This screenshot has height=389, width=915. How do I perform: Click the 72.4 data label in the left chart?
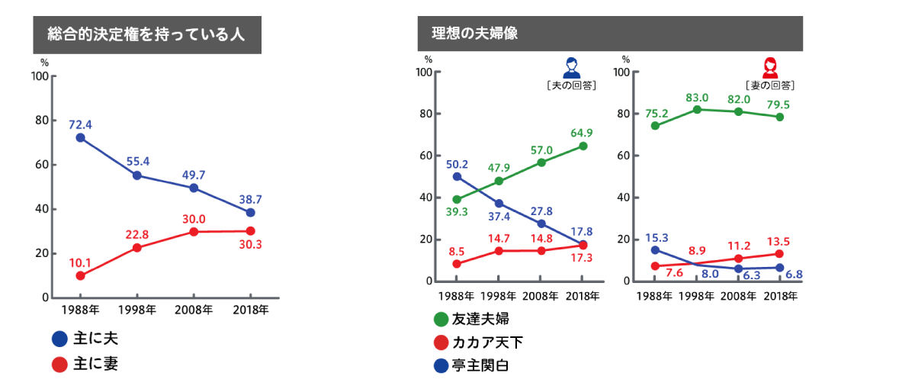[80, 124]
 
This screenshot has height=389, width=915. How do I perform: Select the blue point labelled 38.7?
[250, 212]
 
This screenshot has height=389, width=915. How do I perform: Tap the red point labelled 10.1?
[80, 275]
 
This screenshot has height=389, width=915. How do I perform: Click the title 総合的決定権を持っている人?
[146, 35]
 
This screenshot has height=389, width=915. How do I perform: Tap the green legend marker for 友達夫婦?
[441, 319]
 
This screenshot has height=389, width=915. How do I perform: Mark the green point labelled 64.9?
[583, 146]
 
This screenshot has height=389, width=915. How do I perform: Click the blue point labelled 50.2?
[457, 176]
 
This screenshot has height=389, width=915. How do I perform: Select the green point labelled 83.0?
[698, 109]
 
